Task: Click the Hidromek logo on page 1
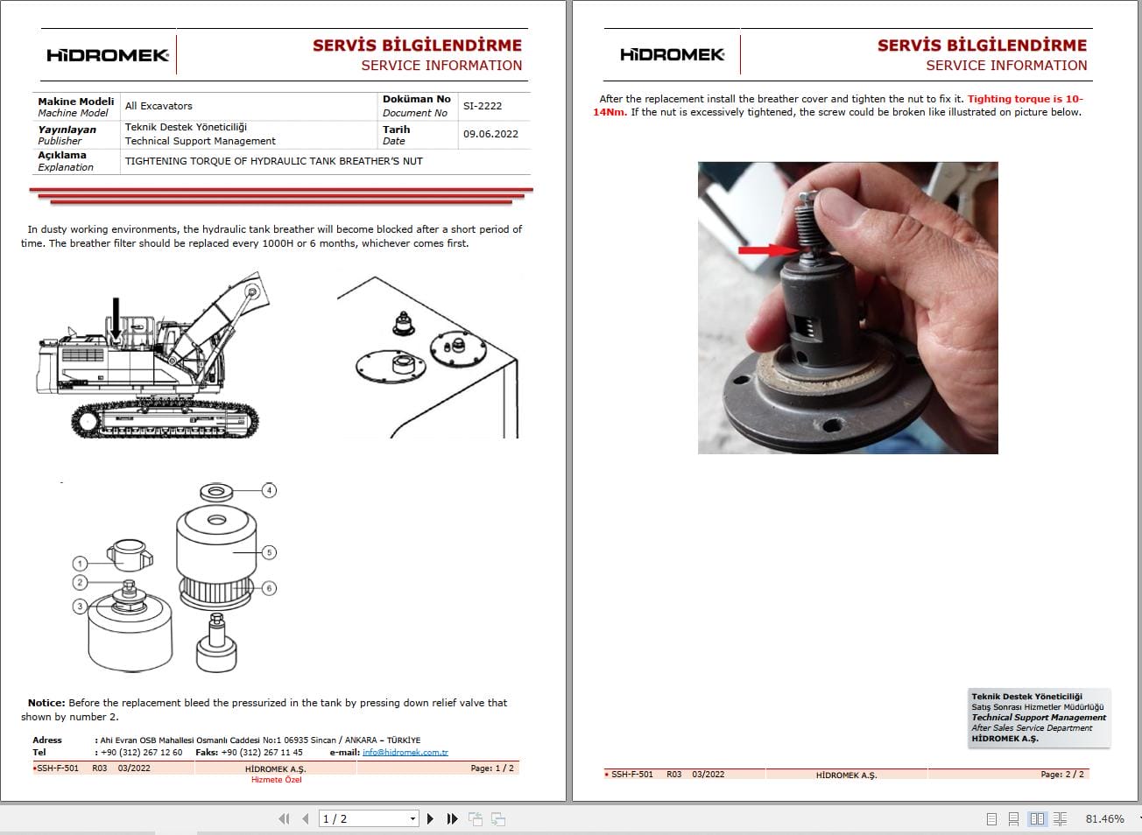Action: click(107, 55)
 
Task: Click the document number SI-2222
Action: click(483, 106)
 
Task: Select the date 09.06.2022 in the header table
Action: click(490, 134)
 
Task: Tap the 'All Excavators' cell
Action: click(159, 106)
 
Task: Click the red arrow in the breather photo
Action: click(767, 250)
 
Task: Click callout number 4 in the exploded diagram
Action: click(270, 490)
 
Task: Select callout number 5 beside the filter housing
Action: click(270, 552)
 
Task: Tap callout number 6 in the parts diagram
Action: click(270, 588)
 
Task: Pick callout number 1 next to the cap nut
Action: click(80, 564)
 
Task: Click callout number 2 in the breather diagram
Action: click(80, 582)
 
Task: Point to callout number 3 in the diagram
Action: click(80, 606)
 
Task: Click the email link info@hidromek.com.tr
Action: click(405, 752)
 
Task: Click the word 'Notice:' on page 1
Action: click(46, 703)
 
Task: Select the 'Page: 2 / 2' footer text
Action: click(1061, 774)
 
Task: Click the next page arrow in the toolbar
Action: click(430, 818)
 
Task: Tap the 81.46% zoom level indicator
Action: click(1104, 818)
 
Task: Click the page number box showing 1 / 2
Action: click(368, 818)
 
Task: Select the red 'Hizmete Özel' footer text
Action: click(276, 779)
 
